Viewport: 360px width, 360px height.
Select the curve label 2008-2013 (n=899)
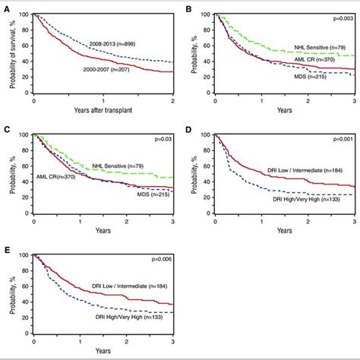tap(112, 44)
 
